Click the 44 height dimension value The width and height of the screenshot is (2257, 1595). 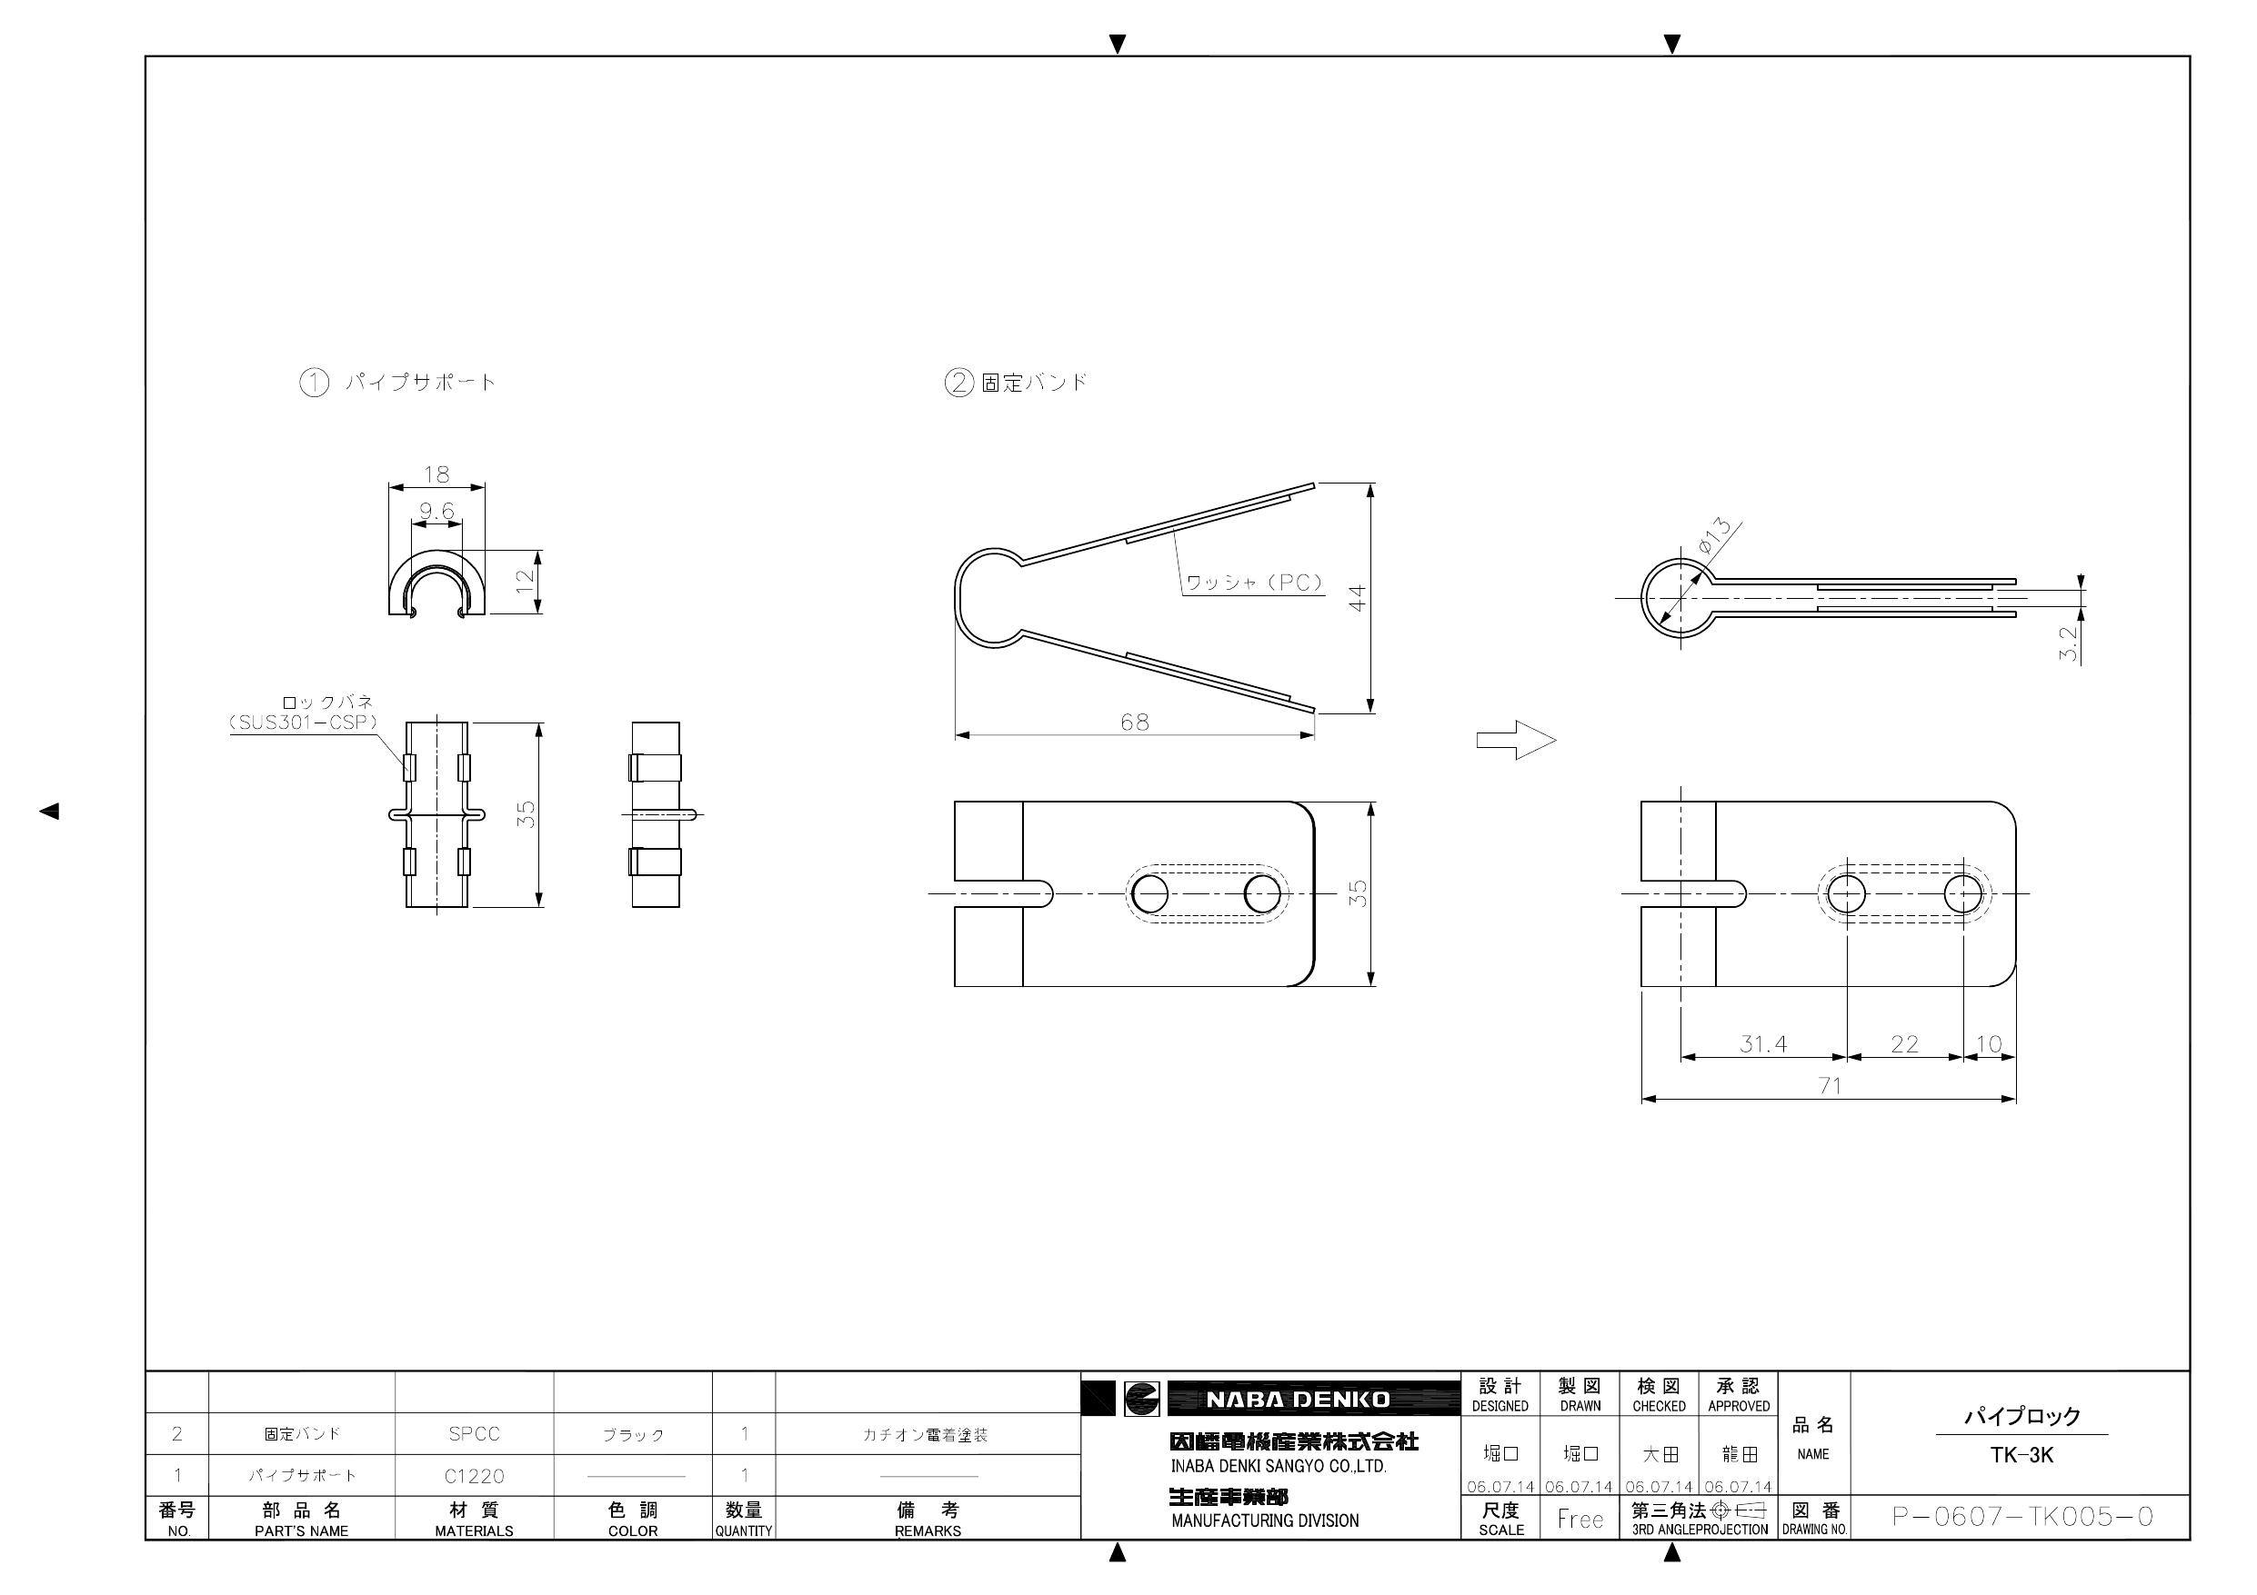tap(1358, 597)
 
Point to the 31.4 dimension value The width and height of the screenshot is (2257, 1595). tap(1763, 1043)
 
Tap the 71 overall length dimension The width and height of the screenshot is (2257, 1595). tap(1830, 1086)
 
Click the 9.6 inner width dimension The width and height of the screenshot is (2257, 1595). tap(436, 511)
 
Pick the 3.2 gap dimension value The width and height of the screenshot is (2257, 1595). tap(2070, 643)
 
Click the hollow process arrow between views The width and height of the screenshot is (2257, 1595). tap(1516, 740)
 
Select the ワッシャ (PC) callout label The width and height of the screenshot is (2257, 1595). tap(1253, 583)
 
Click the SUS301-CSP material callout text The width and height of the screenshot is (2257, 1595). tap(304, 723)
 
